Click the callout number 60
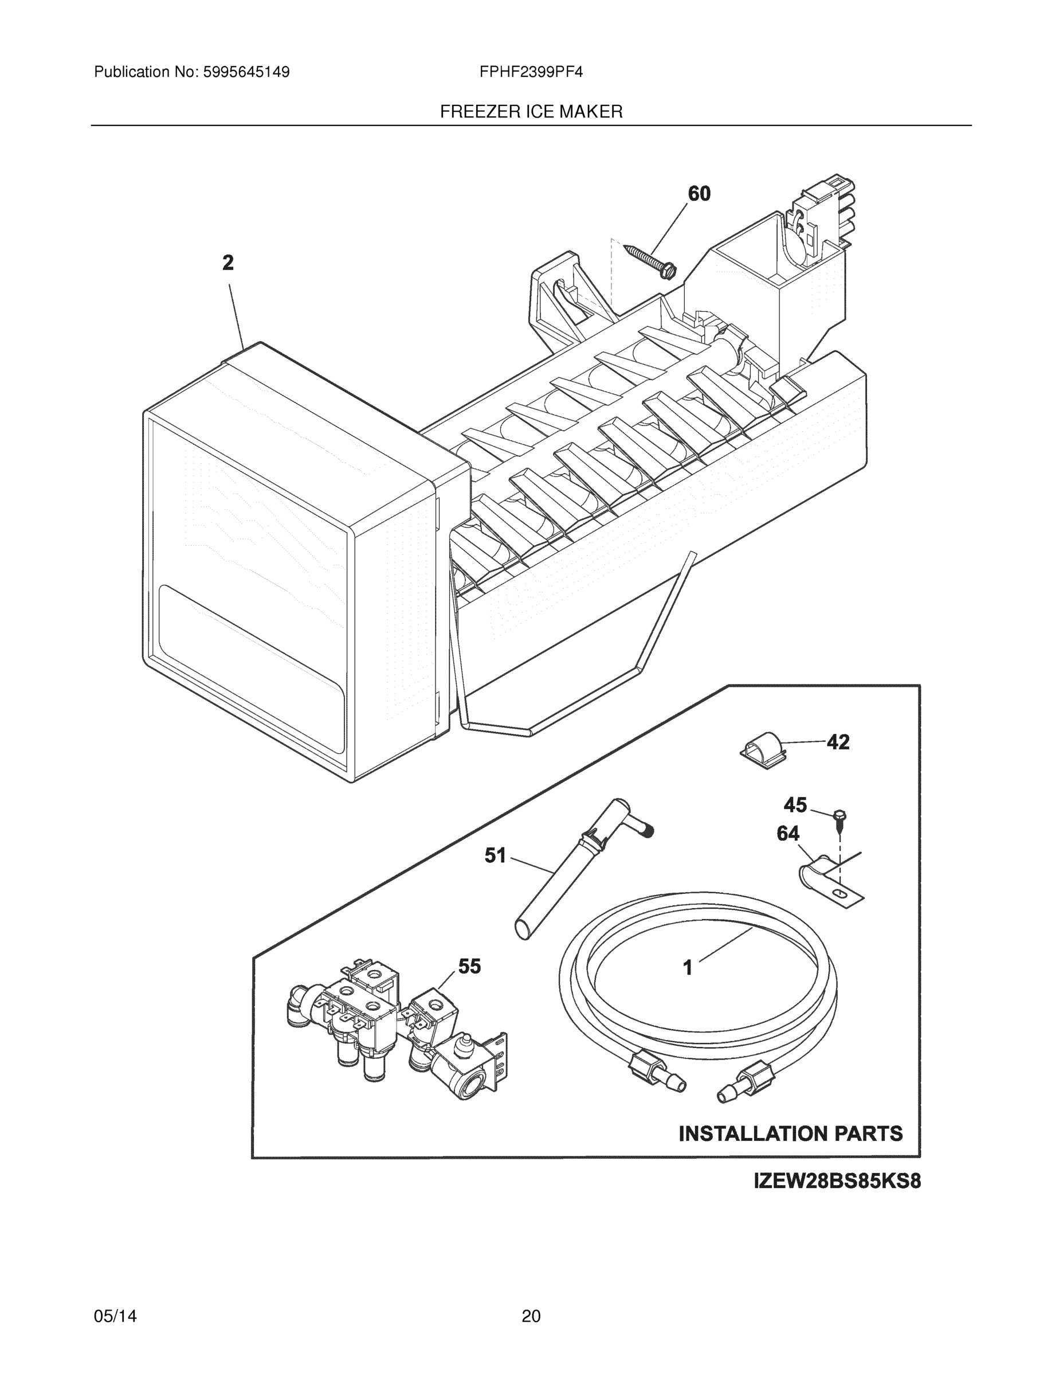pyautogui.click(x=699, y=193)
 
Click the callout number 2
pyautogui.click(x=228, y=263)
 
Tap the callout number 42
pyautogui.click(x=838, y=742)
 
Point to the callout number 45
pyautogui.click(x=795, y=804)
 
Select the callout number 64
pyautogui.click(x=788, y=834)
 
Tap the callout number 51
pyautogui.click(x=496, y=855)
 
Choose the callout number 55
pyautogui.click(x=469, y=967)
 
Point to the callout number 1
pyautogui.click(x=688, y=967)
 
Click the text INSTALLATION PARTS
pyautogui.click(x=790, y=1133)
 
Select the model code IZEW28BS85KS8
pyautogui.click(x=837, y=1180)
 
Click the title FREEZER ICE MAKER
pyautogui.click(x=531, y=112)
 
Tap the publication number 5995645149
pyautogui.click(x=246, y=72)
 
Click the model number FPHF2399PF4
pyautogui.click(x=531, y=72)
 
